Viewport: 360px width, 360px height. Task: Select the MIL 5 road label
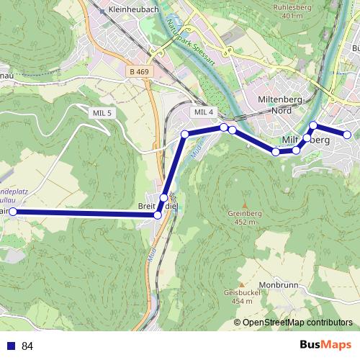point(102,113)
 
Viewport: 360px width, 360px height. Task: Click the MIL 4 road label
point(204,112)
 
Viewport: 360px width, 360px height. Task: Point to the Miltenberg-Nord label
point(284,104)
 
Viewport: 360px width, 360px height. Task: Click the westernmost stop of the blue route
point(12,212)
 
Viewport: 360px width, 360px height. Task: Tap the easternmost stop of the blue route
point(347,135)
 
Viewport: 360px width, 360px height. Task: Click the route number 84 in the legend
point(28,346)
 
